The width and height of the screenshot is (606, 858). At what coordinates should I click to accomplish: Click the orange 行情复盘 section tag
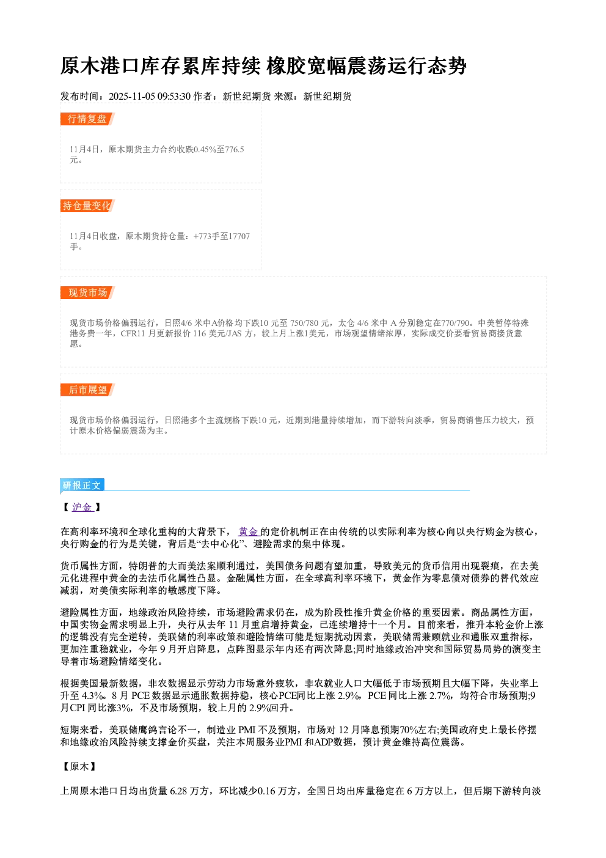tap(87, 119)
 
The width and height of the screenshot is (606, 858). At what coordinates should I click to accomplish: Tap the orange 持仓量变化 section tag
tap(87, 205)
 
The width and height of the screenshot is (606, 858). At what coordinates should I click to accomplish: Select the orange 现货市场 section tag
tap(87, 293)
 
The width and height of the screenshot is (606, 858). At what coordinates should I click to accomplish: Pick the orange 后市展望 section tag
tap(87, 390)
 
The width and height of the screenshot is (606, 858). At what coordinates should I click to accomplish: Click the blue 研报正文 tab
tap(82, 486)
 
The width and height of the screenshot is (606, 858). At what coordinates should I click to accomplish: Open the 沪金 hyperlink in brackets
tap(82, 508)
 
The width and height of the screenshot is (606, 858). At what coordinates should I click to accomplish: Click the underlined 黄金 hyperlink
tap(248, 531)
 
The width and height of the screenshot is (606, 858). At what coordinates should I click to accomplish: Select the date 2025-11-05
tap(131, 97)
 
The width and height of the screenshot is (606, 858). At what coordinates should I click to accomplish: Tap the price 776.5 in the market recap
tap(235, 149)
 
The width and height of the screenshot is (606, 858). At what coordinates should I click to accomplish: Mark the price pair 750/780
tap(304, 324)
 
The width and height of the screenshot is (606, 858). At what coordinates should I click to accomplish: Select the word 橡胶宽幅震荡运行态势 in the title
tap(367, 66)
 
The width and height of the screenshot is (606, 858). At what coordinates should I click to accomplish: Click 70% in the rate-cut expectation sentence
tap(407, 730)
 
